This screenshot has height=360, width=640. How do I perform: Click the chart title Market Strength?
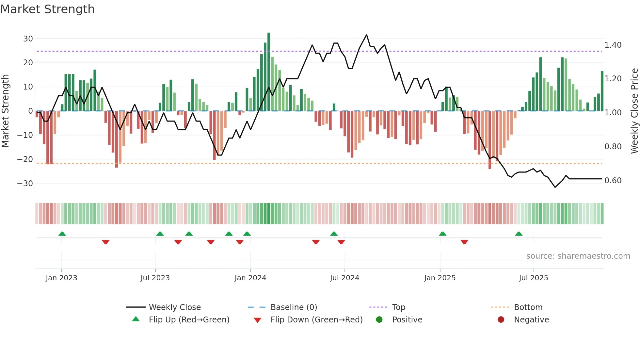tap(47, 9)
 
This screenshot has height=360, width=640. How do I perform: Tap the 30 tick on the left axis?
tap(28, 39)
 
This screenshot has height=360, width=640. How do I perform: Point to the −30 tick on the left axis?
tap(25, 183)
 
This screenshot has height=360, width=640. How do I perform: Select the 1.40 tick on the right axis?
tap(613, 45)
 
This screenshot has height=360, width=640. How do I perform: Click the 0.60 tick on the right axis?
tap(613, 181)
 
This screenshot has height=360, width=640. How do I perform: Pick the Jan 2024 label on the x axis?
tap(250, 278)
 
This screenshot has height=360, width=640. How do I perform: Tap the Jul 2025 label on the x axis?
tap(533, 278)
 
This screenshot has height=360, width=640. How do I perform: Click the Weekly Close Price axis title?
tap(634, 111)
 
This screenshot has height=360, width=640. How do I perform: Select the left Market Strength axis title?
tap(6, 111)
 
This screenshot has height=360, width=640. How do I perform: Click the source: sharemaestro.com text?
tap(578, 256)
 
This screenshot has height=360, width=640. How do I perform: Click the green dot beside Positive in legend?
tap(379, 320)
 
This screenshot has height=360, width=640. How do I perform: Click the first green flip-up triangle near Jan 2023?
tap(62, 234)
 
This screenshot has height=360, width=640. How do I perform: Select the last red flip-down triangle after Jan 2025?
tap(464, 242)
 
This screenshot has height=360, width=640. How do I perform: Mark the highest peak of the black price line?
tap(366, 35)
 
